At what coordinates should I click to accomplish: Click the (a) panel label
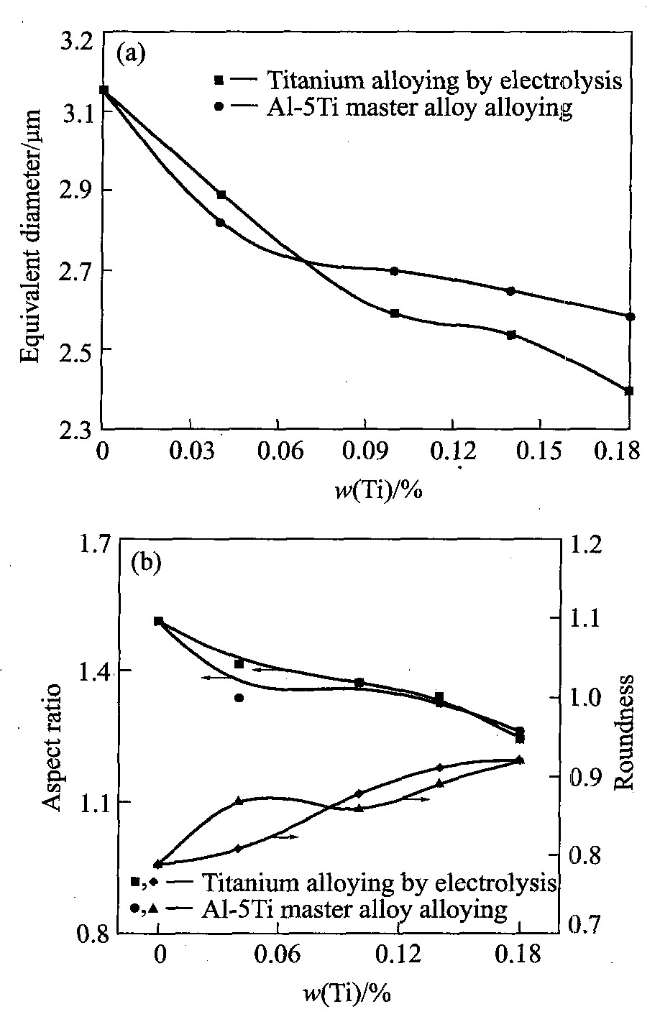point(132,54)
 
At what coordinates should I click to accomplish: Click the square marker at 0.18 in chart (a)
point(629,391)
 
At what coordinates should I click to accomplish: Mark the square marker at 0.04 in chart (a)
point(221,195)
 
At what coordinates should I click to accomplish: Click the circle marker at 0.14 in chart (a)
point(511,291)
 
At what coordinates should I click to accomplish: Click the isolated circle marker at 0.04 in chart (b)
point(239,697)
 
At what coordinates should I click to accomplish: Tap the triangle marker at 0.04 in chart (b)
point(239,801)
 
